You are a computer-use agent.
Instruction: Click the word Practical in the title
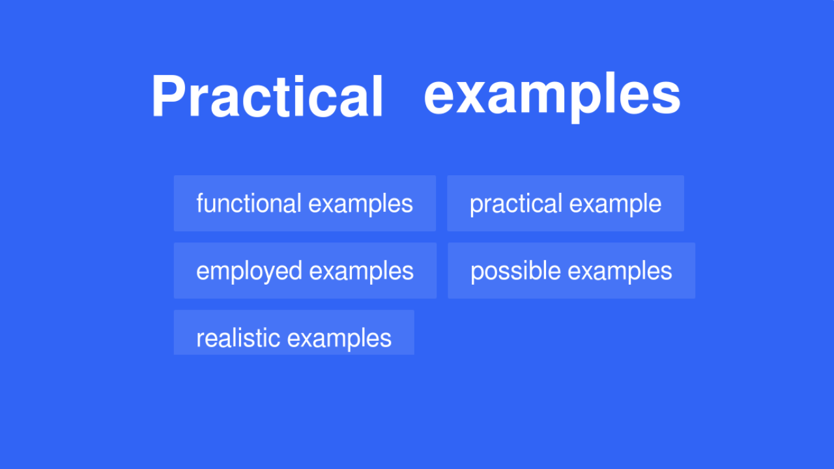pyautogui.click(x=267, y=96)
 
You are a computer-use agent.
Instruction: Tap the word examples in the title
pyautogui.click(x=553, y=96)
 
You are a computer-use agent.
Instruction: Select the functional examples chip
pyautogui.click(x=304, y=203)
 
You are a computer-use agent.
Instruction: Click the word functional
pyautogui.click(x=249, y=203)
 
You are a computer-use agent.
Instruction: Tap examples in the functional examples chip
pyautogui.click(x=360, y=204)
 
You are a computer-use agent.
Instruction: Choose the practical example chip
pyautogui.click(x=565, y=203)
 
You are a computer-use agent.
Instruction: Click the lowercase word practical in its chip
pyautogui.click(x=515, y=204)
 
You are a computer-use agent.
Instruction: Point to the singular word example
pyautogui.click(x=615, y=204)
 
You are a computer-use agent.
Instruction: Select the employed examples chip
pyautogui.click(x=305, y=270)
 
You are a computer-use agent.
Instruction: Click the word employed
pyautogui.click(x=249, y=272)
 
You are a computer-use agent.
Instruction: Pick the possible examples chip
pyautogui.click(x=571, y=270)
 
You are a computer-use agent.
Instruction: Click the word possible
pyautogui.click(x=515, y=272)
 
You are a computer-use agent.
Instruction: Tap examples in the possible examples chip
pyautogui.click(x=620, y=272)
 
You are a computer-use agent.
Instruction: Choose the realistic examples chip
pyautogui.click(x=294, y=332)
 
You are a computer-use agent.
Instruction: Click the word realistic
pyautogui.click(x=238, y=338)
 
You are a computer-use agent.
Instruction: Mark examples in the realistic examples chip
pyautogui.click(x=339, y=339)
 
